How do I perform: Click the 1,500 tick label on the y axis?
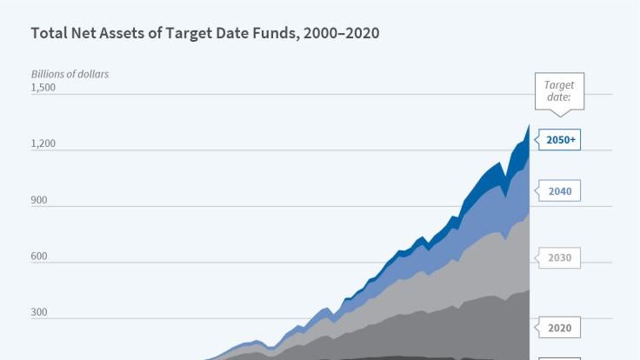(43, 87)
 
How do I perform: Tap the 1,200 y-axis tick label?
(43, 143)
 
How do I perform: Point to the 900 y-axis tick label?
(38, 200)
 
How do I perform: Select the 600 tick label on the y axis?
(38, 257)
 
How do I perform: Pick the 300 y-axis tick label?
(38, 313)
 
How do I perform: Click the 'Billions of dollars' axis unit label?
(70, 74)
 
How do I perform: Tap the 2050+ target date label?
(561, 139)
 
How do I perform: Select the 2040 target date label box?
(560, 191)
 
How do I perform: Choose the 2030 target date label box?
(560, 257)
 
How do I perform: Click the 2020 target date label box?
(560, 328)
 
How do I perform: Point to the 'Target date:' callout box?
(559, 91)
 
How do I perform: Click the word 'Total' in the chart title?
(49, 33)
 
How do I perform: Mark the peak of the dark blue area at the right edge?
(529, 126)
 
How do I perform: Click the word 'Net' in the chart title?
(87, 33)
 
